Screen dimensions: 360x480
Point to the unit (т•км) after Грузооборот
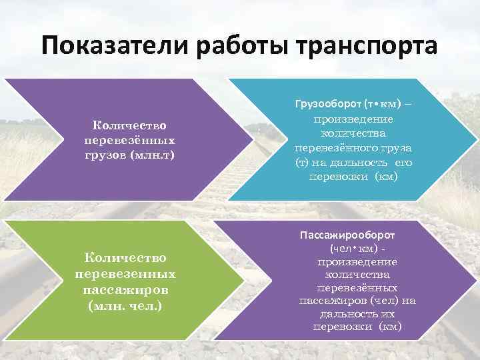(383, 105)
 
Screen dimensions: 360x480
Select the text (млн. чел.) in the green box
(125, 306)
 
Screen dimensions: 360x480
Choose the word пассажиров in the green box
(125, 290)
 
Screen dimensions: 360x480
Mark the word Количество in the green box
(125, 258)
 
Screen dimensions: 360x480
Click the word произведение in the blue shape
(353, 119)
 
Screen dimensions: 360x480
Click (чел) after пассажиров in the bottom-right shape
(377, 301)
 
